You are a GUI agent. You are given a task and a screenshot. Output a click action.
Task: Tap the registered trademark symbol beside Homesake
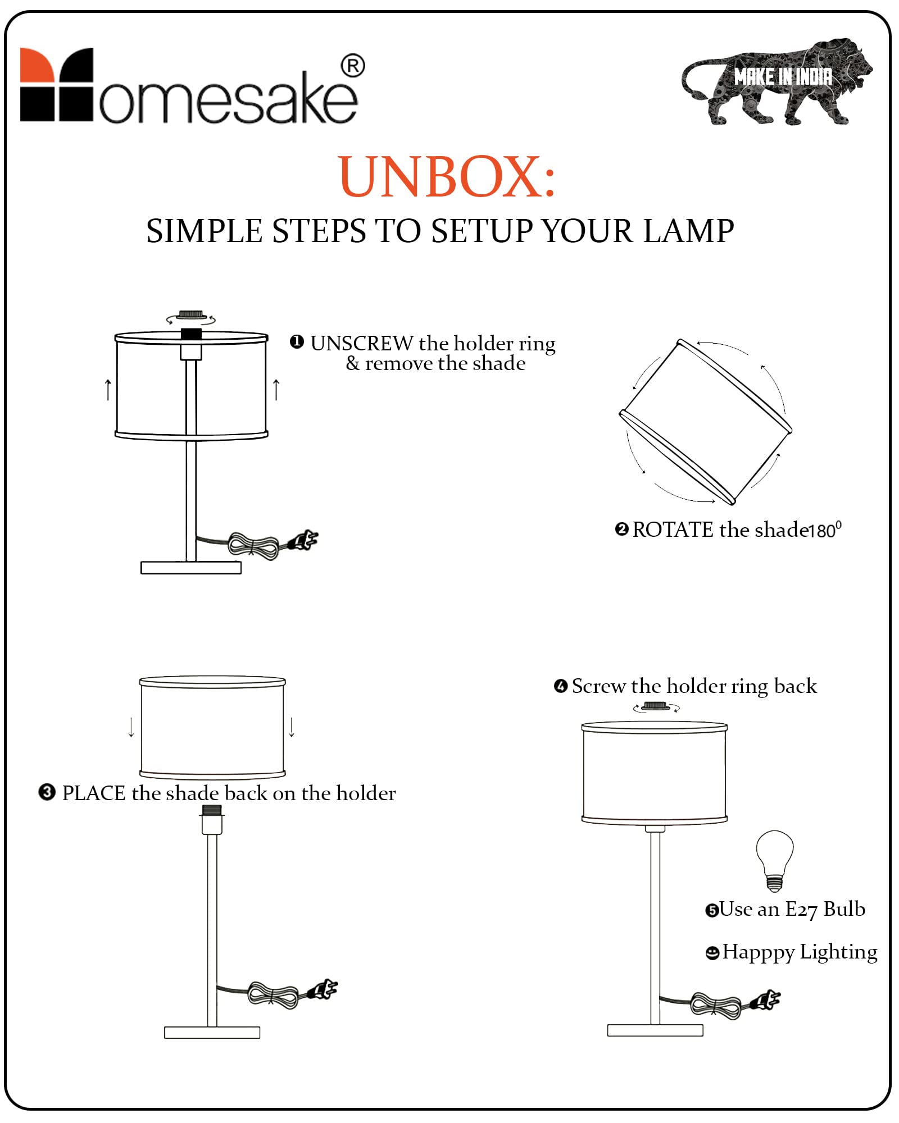click(x=353, y=66)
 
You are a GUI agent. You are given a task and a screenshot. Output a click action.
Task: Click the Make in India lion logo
click(x=777, y=81)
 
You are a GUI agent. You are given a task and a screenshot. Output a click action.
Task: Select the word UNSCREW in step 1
click(x=361, y=343)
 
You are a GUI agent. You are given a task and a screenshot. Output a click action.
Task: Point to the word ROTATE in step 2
click(x=673, y=529)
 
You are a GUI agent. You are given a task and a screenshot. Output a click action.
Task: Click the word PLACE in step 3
click(x=93, y=793)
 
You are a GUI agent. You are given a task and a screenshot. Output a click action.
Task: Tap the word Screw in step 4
click(x=598, y=686)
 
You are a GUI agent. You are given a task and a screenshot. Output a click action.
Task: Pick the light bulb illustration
click(x=774, y=860)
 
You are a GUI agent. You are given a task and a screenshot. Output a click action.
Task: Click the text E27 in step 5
click(x=801, y=910)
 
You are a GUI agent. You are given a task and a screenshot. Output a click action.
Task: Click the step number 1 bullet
click(x=297, y=342)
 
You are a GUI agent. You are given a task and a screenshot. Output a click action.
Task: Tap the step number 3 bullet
click(x=47, y=792)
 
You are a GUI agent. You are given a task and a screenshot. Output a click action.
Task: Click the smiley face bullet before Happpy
click(x=712, y=953)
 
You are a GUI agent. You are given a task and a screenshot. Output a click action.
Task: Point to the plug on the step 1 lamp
click(x=303, y=540)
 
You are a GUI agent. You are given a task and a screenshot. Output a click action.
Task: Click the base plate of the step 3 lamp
click(x=212, y=1032)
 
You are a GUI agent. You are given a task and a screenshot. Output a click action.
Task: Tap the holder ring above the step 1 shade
click(x=190, y=314)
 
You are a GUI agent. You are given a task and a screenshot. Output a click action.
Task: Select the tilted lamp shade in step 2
click(x=706, y=422)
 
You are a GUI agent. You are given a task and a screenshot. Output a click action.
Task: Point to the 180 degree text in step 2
click(x=825, y=529)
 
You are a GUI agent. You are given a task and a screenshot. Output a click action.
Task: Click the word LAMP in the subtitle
click(x=688, y=231)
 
